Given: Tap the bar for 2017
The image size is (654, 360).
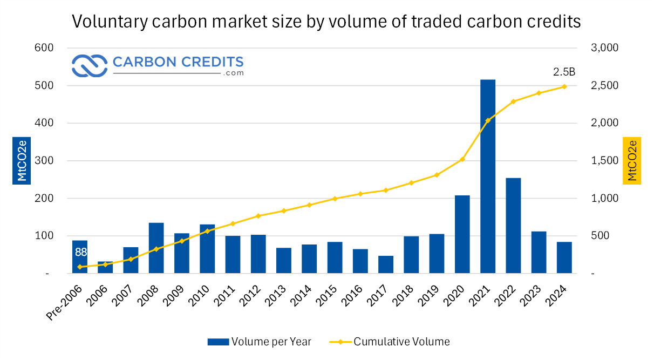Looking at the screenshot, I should (385, 264).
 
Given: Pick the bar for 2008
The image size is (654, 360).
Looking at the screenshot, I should (156, 248).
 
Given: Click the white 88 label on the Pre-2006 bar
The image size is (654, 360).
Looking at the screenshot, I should (81, 252).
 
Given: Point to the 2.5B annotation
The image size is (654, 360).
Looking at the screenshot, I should (564, 72).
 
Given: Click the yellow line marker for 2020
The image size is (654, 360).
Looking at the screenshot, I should (462, 159).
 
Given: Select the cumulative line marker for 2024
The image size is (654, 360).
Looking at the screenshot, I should (564, 86).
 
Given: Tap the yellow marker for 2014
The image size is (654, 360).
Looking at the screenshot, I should (309, 205).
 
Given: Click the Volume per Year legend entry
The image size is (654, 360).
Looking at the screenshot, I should (259, 341).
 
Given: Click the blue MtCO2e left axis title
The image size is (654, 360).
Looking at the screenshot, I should (21, 160).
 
